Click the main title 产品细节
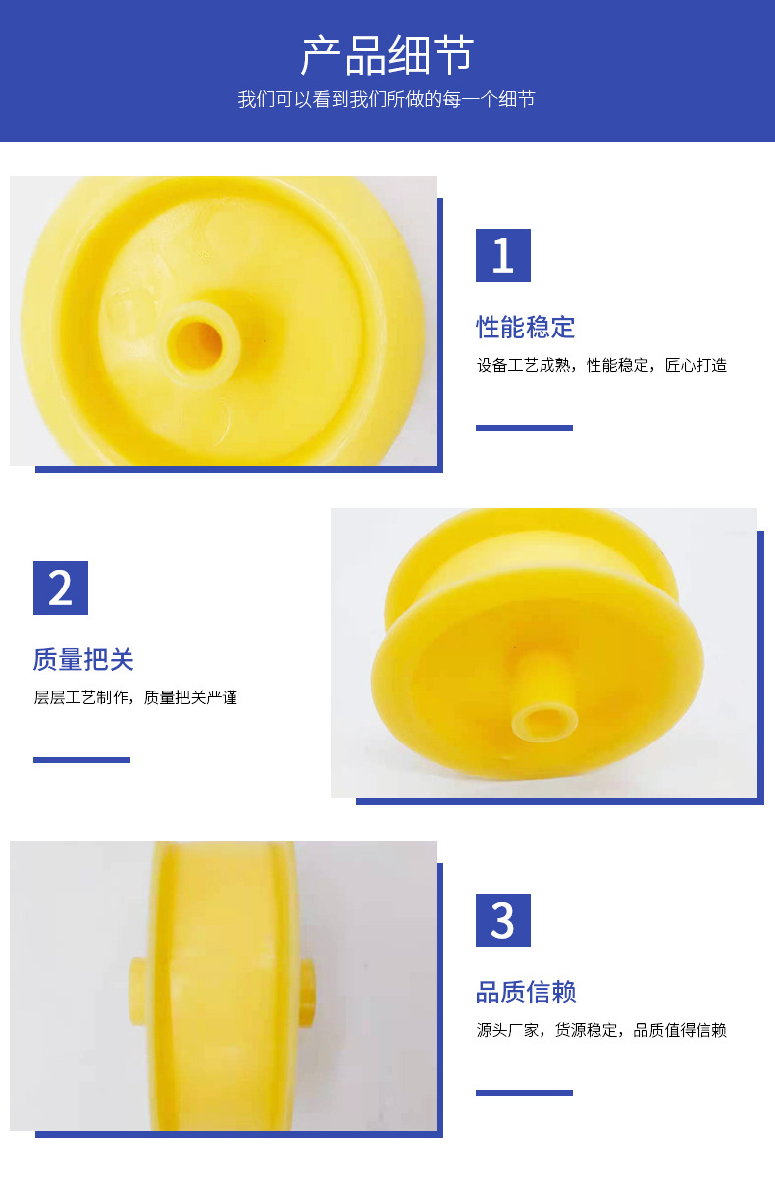click(x=387, y=56)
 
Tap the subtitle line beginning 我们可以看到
click(x=387, y=100)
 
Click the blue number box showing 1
click(x=502, y=255)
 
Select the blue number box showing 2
click(x=61, y=588)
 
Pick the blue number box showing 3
click(x=502, y=920)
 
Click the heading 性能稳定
click(x=525, y=327)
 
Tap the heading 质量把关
click(x=83, y=659)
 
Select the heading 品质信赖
click(x=525, y=992)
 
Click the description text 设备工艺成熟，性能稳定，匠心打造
click(x=600, y=366)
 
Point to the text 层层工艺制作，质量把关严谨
click(x=135, y=698)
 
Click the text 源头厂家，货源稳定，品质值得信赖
click(x=600, y=1030)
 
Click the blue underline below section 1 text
click(x=524, y=428)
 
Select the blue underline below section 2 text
click(x=81, y=760)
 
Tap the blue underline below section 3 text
click(x=524, y=1092)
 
